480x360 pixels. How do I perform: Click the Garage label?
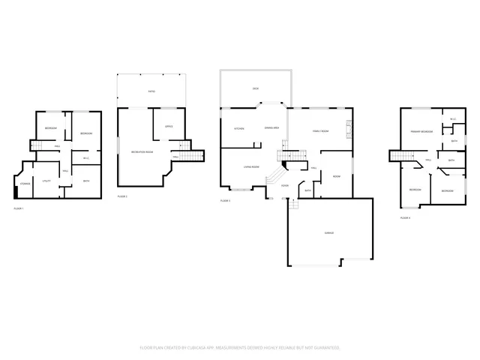point(328,233)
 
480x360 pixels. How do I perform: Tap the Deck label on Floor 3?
point(255,89)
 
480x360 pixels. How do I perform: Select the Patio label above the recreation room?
point(151,91)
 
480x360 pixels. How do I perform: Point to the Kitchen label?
point(239,128)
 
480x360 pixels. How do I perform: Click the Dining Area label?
point(272,128)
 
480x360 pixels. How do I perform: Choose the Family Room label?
point(321,131)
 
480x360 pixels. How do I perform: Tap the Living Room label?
point(251,166)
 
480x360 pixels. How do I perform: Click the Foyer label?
point(285,185)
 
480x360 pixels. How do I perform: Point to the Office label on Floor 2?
point(169,126)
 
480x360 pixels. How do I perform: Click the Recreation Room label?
point(142,152)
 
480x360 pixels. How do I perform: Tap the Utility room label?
point(46,181)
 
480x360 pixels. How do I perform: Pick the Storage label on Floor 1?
point(25,183)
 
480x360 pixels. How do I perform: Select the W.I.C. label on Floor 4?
point(452,119)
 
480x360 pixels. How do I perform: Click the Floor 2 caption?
point(122,196)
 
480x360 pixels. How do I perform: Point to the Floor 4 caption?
point(405,217)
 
